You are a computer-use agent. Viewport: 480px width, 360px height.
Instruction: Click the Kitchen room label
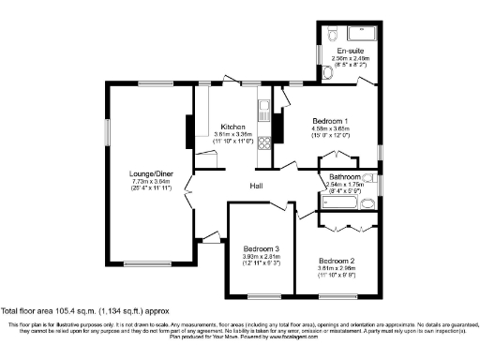pos(232,127)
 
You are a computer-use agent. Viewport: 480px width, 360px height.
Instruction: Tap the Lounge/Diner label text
pos(150,173)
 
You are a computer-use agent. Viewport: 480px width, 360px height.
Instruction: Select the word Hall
pos(255,185)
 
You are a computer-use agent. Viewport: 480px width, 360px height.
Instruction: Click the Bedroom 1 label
pos(331,121)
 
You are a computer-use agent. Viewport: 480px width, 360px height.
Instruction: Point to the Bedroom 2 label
pos(337,260)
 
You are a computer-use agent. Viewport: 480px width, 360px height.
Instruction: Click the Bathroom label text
pos(344,176)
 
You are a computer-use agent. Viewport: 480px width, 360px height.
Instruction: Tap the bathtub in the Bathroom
pos(340,203)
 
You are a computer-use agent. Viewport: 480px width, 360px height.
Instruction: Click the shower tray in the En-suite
pos(363,35)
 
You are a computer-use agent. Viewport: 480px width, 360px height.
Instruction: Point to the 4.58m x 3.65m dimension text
pos(331,128)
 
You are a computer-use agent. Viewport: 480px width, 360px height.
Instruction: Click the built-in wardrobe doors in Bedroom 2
pos(348,228)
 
